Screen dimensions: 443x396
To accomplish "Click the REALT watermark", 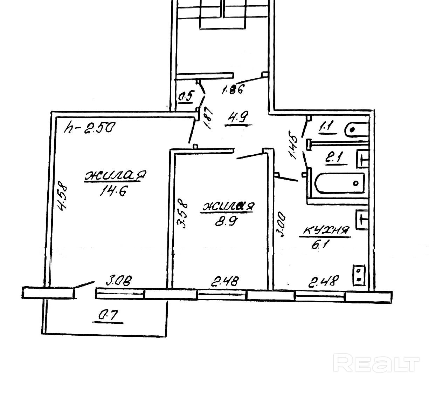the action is click(376, 362).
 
